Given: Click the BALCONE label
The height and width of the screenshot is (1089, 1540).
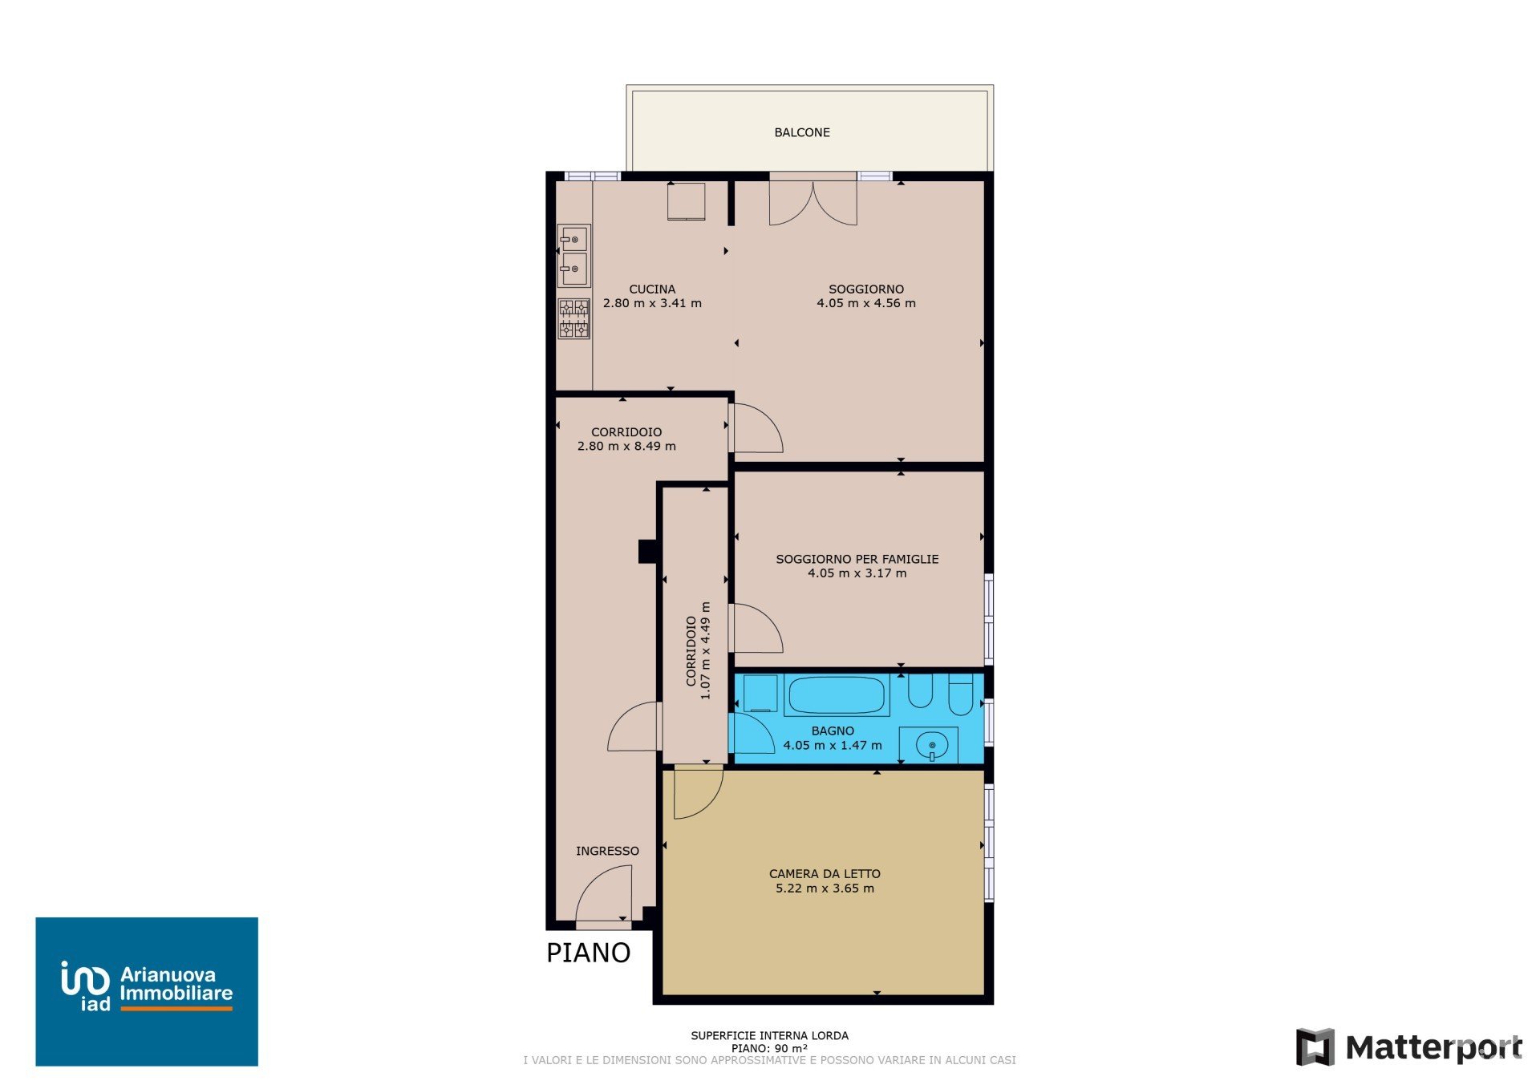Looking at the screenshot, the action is click(x=801, y=132).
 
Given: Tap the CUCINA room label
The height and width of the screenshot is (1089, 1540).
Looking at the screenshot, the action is click(x=652, y=289).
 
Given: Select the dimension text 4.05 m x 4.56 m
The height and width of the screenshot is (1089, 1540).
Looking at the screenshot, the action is click(x=866, y=303).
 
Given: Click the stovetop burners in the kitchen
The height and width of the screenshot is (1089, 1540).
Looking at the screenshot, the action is click(x=573, y=318).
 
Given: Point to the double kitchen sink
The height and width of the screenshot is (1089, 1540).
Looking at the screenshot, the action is click(x=573, y=256).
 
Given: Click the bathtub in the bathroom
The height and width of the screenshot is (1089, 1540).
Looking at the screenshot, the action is click(x=837, y=695).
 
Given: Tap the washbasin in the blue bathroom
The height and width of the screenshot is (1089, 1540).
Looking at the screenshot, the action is click(x=929, y=745).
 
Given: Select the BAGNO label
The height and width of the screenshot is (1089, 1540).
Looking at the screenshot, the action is click(x=833, y=731).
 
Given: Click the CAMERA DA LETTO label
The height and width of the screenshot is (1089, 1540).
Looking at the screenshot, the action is click(x=825, y=873).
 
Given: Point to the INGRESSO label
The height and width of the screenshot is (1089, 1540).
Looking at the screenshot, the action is click(x=607, y=851).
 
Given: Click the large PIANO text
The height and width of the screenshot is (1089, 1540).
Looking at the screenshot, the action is click(x=588, y=953).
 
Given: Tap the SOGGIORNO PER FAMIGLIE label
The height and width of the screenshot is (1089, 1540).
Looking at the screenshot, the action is click(x=857, y=559).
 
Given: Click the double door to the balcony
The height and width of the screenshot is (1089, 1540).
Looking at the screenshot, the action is click(x=813, y=201).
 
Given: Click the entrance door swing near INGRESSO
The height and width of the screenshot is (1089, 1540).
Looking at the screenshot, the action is click(x=603, y=895).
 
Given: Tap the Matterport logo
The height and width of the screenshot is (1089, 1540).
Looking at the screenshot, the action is click(x=1409, y=1047).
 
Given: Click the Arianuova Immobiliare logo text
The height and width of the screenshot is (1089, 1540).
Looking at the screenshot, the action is click(x=176, y=984).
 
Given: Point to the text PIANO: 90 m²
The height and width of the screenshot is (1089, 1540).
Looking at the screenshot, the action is click(x=769, y=1048).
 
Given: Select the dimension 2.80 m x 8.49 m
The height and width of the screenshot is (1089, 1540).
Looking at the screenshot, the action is click(x=626, y=446).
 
